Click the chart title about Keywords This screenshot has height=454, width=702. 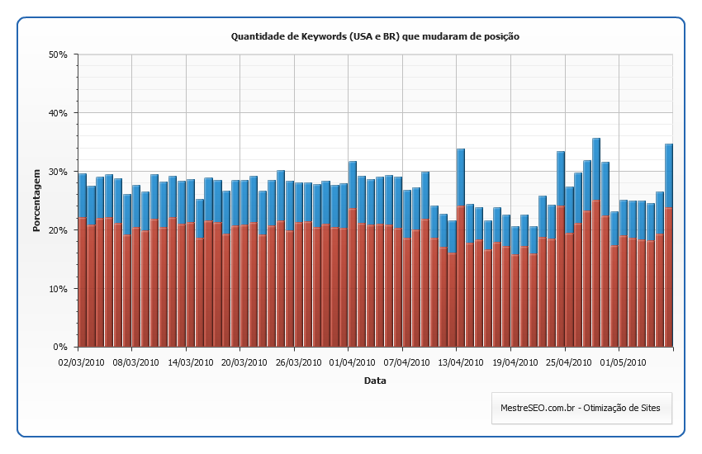[x=375, y=36]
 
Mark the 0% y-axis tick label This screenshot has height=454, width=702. [x=59, y=348]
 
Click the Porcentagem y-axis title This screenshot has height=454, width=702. [x=37, y=201]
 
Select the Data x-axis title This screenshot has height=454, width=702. [x=375, y=381]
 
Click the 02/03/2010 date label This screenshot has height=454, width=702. [x=80, y=362]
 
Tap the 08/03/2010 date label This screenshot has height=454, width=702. [x=135, y=362]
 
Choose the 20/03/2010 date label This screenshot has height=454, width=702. [x=243, y=362]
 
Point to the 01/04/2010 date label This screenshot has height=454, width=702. [x=351, y=362]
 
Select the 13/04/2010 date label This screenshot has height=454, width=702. [x=459, y=362]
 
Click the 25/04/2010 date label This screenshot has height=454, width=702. [x=567, y=362]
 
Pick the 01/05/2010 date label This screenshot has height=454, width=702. [x=622, y=362]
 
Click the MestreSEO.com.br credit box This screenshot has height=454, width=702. [x=581, y=408]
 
